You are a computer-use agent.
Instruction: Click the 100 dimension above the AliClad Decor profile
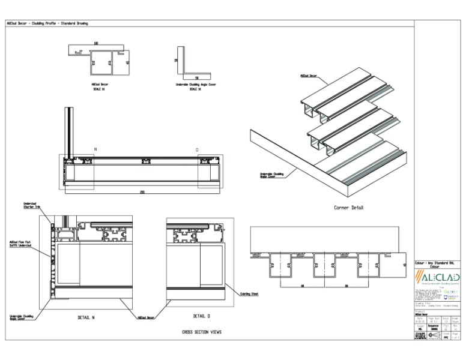click(x=96, y=44)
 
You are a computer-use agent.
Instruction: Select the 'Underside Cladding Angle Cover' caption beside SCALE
click(x=196, y=85)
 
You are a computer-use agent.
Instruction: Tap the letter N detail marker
click(x=94, y=149)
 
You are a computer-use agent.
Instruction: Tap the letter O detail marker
click(x=197, y=149)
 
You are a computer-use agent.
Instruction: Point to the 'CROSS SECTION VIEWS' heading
click(x=202, y=331)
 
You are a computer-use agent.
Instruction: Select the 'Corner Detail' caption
click(x=348, y=208)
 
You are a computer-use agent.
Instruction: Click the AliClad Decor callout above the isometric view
click(x=309, y=76)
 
